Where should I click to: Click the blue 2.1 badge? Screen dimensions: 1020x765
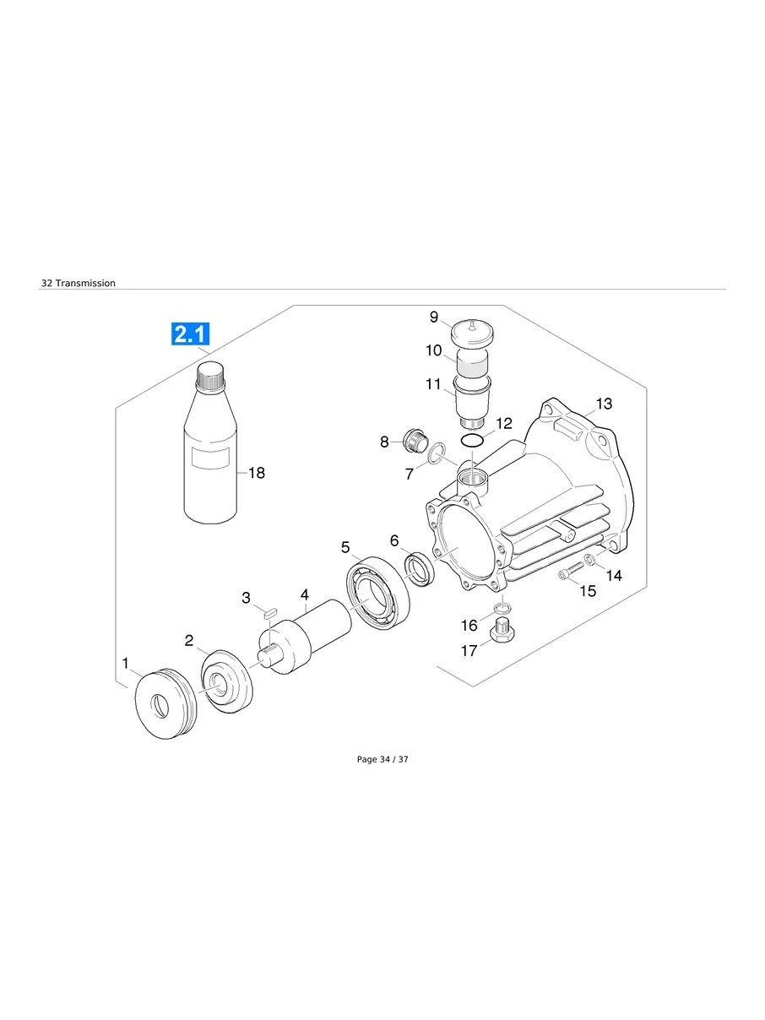click(x=191, y=334)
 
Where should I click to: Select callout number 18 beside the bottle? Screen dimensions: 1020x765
click(x=256, y=473)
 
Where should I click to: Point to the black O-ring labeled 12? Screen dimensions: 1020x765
click(x=473, y=442)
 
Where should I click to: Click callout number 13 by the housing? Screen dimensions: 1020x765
click(x=604, y=404)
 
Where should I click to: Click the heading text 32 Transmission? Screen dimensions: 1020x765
click(x=79, y=283)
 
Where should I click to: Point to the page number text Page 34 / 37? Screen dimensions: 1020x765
click(x=382, y=759)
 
